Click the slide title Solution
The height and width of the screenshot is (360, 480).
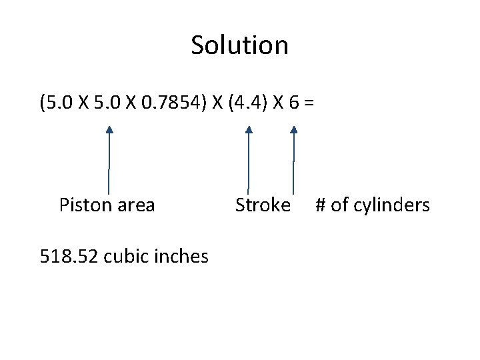point(239,45)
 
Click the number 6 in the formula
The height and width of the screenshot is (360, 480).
point(295,103)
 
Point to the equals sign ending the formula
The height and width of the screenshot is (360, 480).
point(310,104)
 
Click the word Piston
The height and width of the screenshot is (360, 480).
point(85,205)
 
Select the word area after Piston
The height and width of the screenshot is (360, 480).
point(136,205)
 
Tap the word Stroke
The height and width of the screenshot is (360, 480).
point(263,205)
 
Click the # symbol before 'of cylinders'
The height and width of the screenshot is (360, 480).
point(321,205)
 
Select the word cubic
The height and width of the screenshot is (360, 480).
point(125,255)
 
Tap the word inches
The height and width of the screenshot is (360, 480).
point(181,255)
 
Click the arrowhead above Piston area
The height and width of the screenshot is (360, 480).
point(109,130)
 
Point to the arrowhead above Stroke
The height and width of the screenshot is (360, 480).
point(249,130)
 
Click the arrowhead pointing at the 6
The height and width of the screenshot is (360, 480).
point(294,130)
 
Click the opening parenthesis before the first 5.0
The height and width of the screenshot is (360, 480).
point(43,104)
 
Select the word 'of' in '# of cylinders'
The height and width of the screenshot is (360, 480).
point(339,205)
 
